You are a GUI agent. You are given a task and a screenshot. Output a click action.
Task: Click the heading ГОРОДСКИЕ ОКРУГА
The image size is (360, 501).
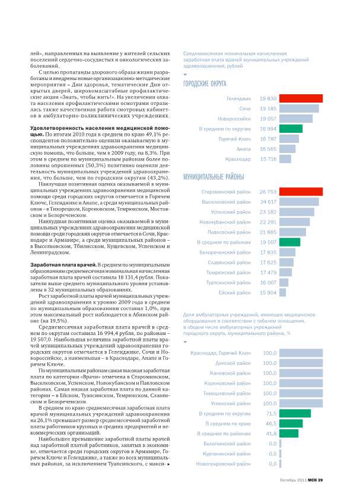click(205, 84)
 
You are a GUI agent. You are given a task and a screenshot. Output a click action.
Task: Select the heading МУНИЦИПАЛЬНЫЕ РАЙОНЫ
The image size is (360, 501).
click(212, 177)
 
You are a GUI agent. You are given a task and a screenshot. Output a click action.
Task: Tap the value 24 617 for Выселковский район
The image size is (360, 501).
click(268, 202)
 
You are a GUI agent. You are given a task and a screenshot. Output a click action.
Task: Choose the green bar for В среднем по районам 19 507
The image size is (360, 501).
click(289, 242)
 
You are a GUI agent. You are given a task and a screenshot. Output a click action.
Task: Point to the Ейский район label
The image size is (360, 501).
click(236, 292)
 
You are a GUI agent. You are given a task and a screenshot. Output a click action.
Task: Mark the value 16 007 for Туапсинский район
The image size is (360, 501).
click(268, 282)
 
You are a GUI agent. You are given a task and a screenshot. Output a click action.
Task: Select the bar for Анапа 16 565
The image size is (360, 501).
click(289, 149)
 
